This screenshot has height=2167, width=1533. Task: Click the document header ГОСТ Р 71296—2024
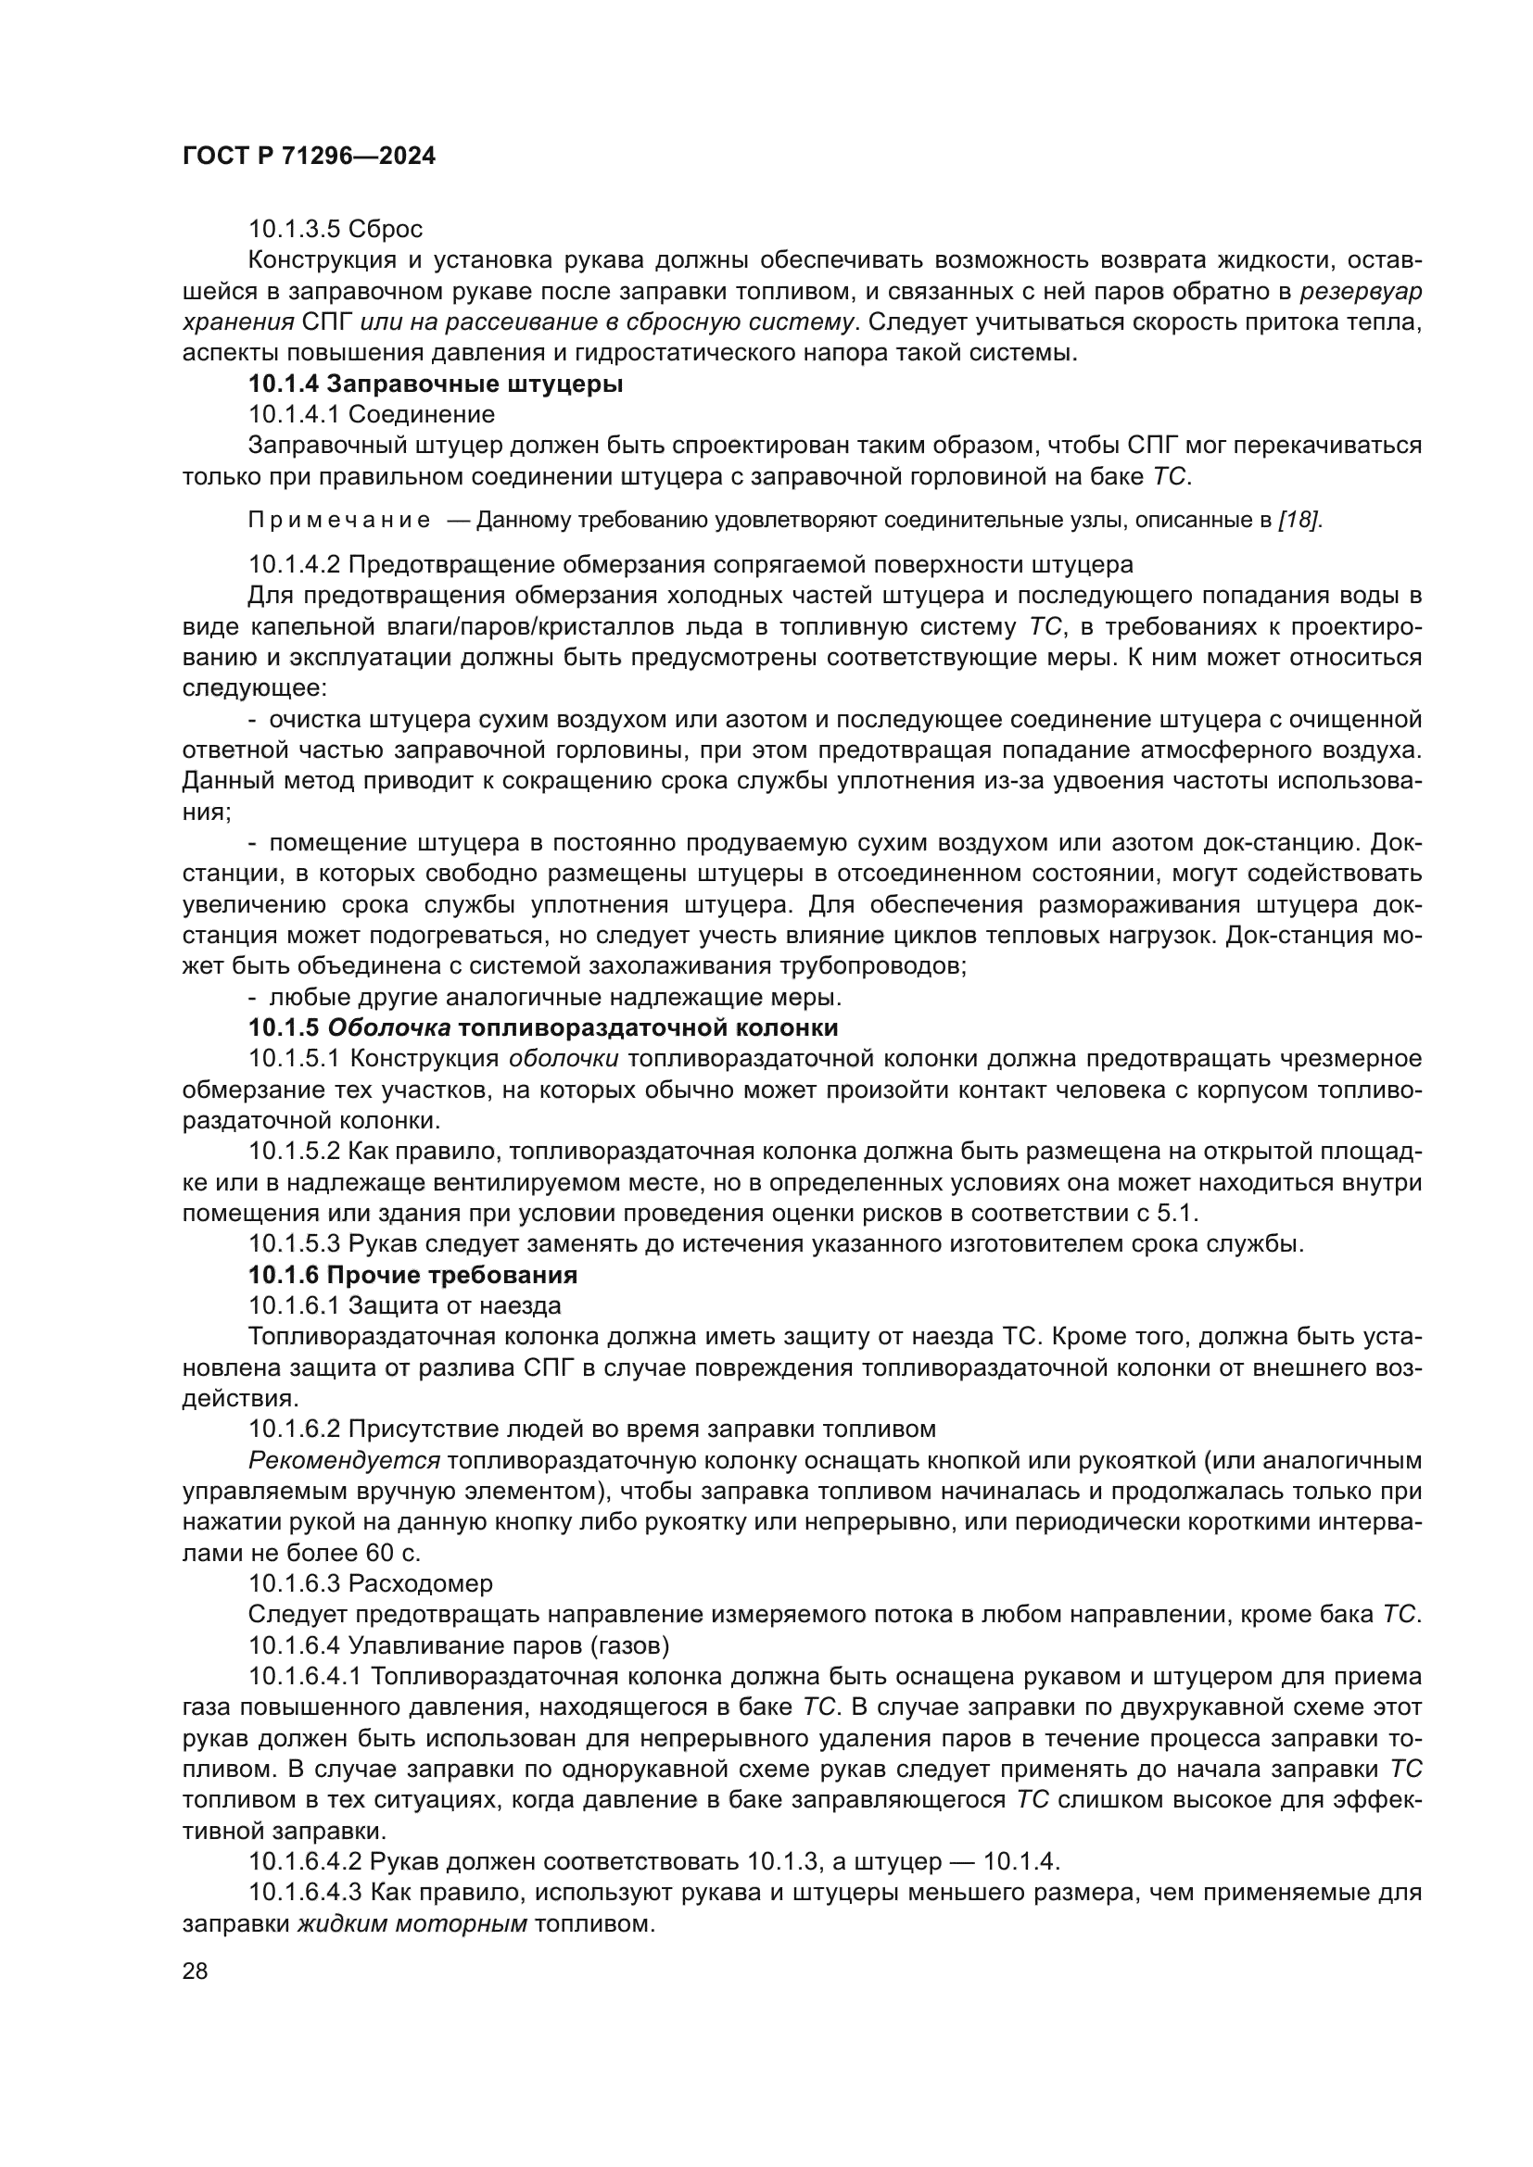pos(309,157)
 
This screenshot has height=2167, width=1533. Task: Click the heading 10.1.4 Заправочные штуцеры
pos(436,384)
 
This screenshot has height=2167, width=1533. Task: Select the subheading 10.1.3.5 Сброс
pos(336,230)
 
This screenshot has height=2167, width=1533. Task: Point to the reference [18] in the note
pos(1298,520)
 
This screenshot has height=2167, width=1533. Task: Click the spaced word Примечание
pos(339,520)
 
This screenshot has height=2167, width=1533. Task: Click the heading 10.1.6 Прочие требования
pos(412,1275)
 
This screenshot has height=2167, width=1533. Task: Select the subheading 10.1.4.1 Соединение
pos(371,414)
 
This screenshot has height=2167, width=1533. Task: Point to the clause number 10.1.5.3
pos(294,1244)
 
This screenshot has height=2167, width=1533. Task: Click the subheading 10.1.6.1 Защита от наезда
pos(405,1305)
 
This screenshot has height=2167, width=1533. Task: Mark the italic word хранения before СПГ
pos(238,321)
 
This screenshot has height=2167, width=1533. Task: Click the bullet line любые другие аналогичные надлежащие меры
pos(554,997)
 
